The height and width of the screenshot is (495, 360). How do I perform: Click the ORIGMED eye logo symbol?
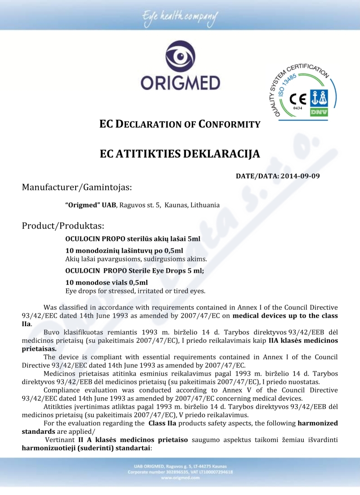(x=180, y=57)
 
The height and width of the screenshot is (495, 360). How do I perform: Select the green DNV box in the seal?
(x=319, y=111)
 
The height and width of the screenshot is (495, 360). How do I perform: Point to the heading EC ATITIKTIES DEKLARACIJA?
(x=180, y=154)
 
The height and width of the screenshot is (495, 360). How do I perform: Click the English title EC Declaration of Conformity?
(x=180, y=124)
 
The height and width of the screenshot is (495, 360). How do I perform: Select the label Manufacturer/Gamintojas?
(x=77, y=187)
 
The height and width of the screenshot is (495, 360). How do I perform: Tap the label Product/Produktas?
(x=63, y=225)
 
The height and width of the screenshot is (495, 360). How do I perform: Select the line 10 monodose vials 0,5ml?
(x=106, y=283)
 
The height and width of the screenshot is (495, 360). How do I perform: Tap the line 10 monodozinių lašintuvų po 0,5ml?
(x=124, y=251)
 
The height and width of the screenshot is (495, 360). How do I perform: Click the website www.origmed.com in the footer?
(x=180, y=478)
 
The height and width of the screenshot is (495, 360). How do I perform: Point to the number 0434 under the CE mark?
(x=297, y=108)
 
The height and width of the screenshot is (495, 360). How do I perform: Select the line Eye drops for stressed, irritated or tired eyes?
(x=135, y=291)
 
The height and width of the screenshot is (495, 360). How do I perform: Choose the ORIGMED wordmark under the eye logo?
(x=180, y=83)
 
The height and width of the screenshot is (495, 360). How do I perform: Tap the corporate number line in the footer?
(x=180, y=472)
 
